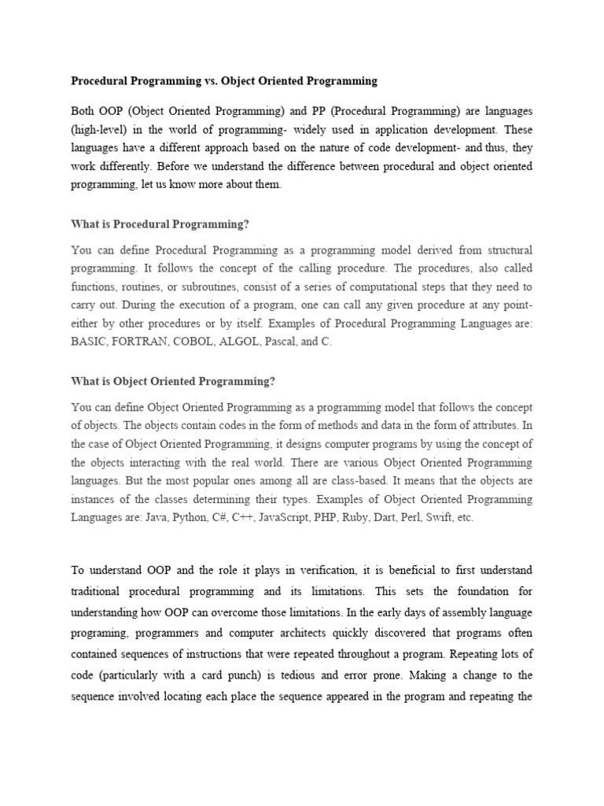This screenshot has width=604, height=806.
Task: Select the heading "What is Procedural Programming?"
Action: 160,224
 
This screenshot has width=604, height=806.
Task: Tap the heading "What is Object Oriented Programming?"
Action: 173,381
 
